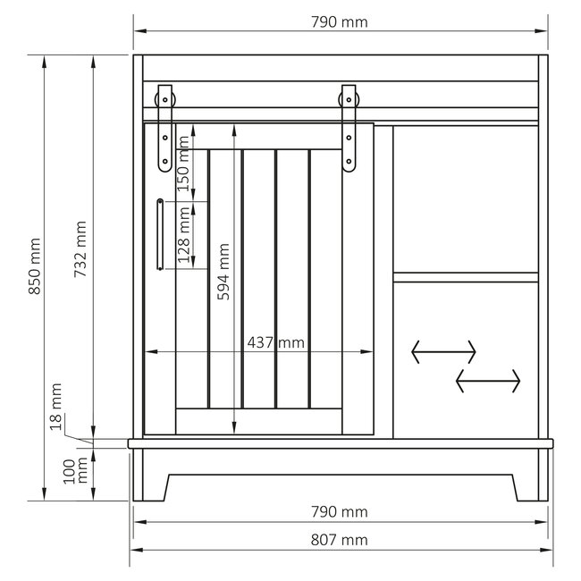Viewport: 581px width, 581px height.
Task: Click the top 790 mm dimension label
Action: (x=341, y=22)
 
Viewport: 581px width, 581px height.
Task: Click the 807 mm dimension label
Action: (x=341, y=539)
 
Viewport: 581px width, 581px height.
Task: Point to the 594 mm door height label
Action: (x=225, y=272)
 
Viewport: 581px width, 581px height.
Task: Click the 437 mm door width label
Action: (x=276, y=342)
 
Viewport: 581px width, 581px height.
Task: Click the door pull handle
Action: (x=159, y=233)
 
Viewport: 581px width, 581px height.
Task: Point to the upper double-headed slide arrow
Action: (x=444, y=351)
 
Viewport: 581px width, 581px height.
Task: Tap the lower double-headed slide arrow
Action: (x=488, y=381)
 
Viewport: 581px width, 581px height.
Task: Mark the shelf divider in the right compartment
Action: (x=466, y=274)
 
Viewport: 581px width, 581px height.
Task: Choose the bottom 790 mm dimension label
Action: (x=341, y=512)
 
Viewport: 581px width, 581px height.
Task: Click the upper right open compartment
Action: (x=466, y=197)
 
